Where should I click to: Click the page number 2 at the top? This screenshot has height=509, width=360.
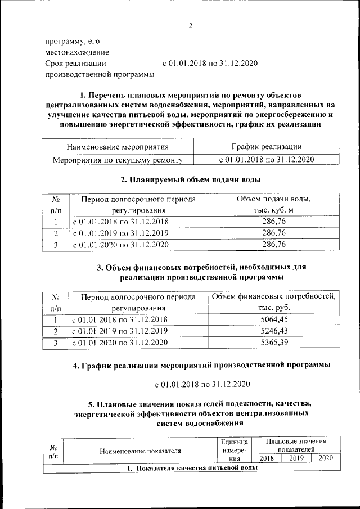tap(191, 26)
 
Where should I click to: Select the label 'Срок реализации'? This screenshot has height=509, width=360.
tap(76, 63)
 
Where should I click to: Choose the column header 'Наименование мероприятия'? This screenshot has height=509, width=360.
tap(118, 147)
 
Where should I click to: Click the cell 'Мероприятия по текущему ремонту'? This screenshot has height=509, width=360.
tap(118, 160)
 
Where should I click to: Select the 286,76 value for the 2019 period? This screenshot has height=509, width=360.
tap(274, 232)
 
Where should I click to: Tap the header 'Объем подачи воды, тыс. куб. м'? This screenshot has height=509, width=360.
tap(274, 205)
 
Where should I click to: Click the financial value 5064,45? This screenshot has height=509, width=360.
tap(274, 319)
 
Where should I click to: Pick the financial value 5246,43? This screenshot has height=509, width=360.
tap(274, 331)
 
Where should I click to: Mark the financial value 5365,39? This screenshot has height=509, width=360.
tap(274, 342)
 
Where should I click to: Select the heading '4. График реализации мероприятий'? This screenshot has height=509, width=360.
tap(202, 366)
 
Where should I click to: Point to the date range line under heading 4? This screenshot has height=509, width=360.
tap(202, 385)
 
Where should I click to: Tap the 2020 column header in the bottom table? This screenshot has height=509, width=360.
tap(326, 458)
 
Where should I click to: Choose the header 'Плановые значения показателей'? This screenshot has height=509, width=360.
tap(296, 446)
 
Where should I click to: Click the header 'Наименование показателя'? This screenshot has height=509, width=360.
tap(140, 451)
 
